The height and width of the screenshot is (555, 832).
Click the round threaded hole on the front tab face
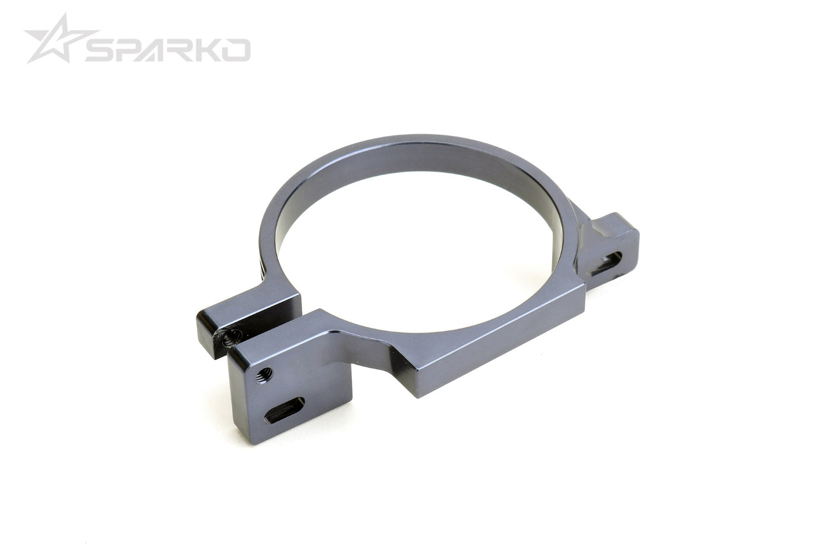tap(265, 375)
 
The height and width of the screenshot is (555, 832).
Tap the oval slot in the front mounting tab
tap(284, 410)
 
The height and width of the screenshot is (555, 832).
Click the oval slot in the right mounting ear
tap(607, 263)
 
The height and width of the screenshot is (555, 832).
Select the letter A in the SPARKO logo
tap(156, 51)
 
